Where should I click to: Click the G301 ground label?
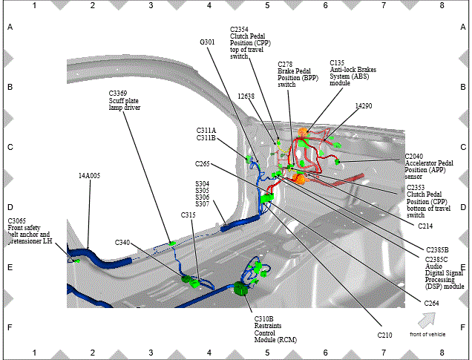point(207,42)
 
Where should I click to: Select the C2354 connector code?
point(239,30)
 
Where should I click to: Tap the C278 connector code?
point(285,65)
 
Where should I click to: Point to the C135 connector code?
point(337,63)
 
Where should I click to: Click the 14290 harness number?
point(364,106)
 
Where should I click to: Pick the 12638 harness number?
point(246,96)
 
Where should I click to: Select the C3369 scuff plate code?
point(118,94)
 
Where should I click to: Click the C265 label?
point(203,164)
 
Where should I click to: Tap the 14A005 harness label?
point(89,176)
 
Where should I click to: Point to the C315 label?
point(189,215)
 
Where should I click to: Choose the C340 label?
point(122,243)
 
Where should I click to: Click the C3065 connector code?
point(17,221)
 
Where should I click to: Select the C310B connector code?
point(264,319)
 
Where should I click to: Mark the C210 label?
point(385,336)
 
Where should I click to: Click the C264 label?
point(432,304)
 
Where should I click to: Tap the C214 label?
point(426,226)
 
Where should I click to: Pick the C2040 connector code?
point(414,157)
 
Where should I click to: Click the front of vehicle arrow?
point(427,320)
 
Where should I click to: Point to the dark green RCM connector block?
point(240,289)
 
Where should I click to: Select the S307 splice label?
point(203,204)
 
